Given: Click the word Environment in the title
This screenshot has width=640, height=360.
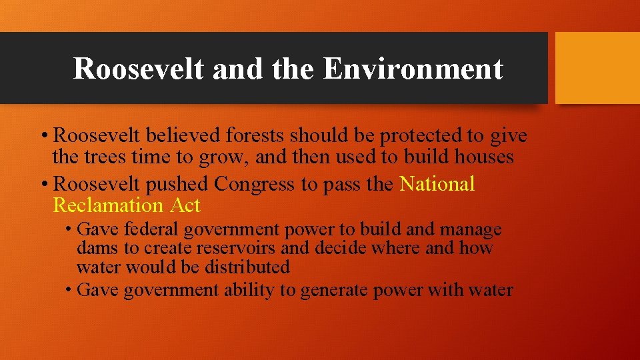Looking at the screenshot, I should (x=413, y=69).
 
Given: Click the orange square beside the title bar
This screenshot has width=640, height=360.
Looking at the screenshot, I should (x=597, y=68).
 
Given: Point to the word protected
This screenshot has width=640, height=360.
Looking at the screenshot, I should (x=421, y=136).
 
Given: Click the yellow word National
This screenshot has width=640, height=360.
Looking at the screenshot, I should (x=437, y=184).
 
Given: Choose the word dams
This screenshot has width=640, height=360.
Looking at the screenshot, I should (x=96, y=249).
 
